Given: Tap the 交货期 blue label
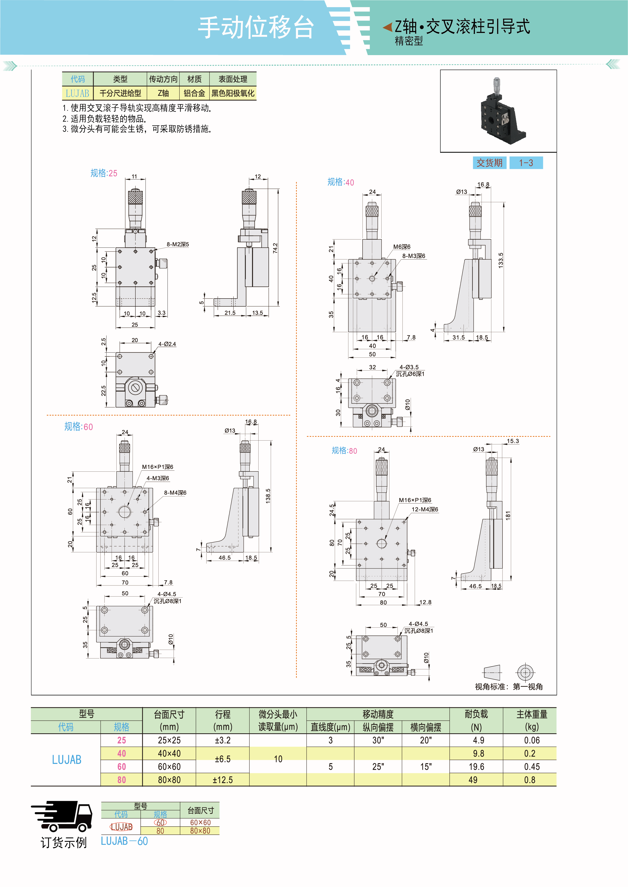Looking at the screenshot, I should point(489,163).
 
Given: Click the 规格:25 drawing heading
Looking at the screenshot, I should point(104,173).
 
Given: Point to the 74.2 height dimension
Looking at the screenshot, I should point(275,248).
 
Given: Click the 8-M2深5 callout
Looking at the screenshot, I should point(178,244).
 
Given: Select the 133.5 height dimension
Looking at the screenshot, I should point(500,260).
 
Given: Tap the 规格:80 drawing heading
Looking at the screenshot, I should point(344,450).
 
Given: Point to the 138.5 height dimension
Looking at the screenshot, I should point(268,496).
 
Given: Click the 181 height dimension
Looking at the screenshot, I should point(508,515).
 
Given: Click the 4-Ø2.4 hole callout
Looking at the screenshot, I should point(167,344).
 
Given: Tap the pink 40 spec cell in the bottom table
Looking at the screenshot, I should point(121,753).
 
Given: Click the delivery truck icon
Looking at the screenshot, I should point(62,816).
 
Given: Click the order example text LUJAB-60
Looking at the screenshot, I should point(124,841).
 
